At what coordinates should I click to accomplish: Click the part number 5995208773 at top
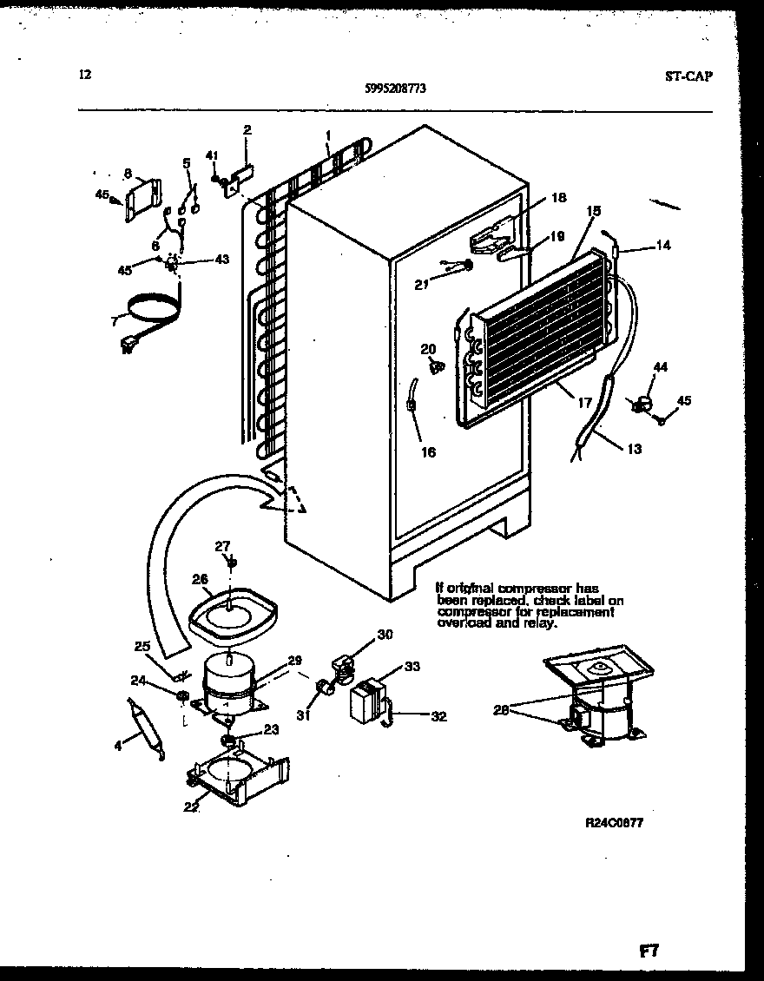(x=395, y=88)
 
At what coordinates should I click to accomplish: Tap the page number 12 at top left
(x=84, y=75)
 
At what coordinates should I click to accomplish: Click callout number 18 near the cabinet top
(x=558, y=198)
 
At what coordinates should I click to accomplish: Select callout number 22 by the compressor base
(x=192, y=807)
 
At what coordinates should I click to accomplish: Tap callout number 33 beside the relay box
(x=412, y=667)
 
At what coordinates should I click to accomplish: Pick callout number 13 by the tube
(x=634, y=449)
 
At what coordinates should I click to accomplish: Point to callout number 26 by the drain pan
(x=201, y=579)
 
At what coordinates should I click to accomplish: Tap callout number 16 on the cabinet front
(x=428, y=451)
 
